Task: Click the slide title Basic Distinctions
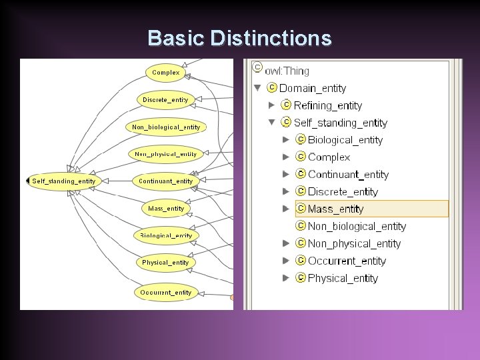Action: (x=239, y=38)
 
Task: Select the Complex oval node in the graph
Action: (x=165, y=72)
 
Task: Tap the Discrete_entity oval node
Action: (x=165, y=99)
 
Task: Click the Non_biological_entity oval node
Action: (x=165, y=127)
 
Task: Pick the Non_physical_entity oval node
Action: (x=165, y=154)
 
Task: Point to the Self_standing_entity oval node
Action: (x=63, y=181)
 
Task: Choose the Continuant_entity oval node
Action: (x=165, y=181)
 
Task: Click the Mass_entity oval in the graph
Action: (x=166, y=209)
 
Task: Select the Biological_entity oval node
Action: (x=165, y=235)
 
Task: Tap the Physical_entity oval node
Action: (x=165, y=263)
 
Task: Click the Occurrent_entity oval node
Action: (x=165, y=292)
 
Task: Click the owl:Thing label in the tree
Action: (x=287, y=71)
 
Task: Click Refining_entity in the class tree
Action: (x=327, y=105)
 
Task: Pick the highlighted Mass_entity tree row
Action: (x=335, y=209)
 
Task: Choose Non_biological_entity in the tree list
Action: (x=357, y=226)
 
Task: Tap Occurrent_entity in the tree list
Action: (x=347, y=261)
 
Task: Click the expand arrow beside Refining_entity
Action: (x=271, y=105)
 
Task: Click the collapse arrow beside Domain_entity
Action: (x=257, y=88)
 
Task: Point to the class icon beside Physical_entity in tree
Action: (x=300, y=278)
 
